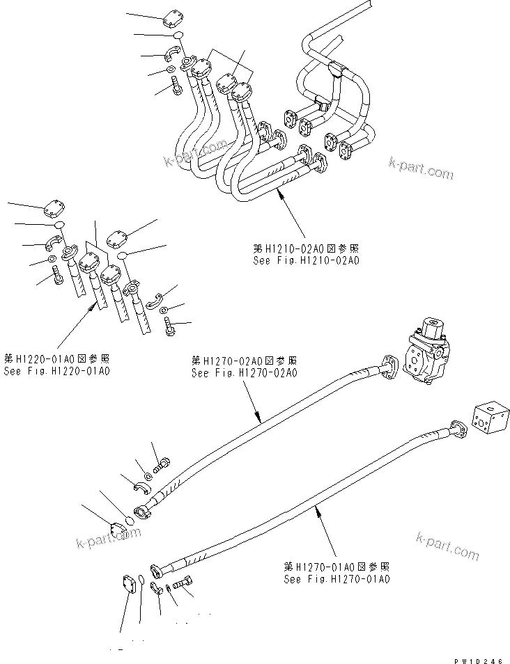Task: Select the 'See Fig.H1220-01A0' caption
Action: pos(56,371)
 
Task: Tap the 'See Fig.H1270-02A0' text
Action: pos(245,373)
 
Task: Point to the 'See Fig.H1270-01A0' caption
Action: pos(337,578)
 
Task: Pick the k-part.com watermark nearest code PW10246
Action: pos(447,546)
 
